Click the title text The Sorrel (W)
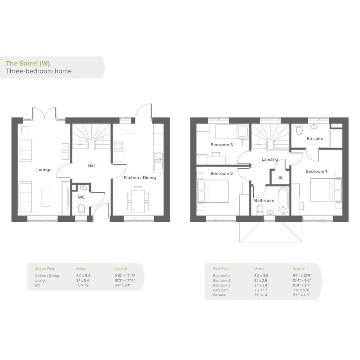(x=28, y=63)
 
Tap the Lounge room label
(x=44, y=170)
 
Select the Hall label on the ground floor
(x=91, y=166)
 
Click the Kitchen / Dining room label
(x=139, y=178)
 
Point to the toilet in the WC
(x=82, y=210)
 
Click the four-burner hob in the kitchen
(x=118, y=146)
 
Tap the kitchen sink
(x=158, y=158)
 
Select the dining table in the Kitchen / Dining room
(x=138, y=200)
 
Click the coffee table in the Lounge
(x=46, y=198)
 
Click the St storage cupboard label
(x=280, y=178)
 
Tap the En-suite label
(x=315, y=139)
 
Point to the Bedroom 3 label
(x=222, y=145)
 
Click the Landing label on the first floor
(x=270, y=159)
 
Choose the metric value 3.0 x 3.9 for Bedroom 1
(x=261, y=275)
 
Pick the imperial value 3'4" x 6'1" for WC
(x=122, y=285)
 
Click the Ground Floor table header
(x=45, y=269)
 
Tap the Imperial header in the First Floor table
(x=299, y=269)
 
